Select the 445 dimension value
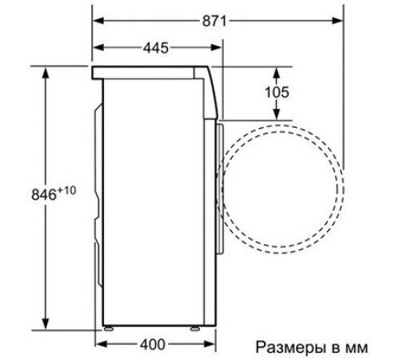(156, 49)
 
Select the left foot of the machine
(106, 326)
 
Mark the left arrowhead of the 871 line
(98, 22)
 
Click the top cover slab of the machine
(152, 73)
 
